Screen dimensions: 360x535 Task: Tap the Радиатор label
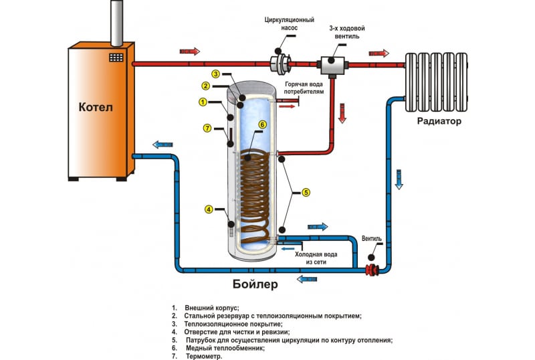click(439, 121)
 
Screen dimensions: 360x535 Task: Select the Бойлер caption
click(255, 283)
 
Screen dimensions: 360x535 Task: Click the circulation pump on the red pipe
click(279, 64)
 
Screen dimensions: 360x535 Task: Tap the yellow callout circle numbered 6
click(262, 124)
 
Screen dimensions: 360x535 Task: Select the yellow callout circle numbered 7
click(207, 128)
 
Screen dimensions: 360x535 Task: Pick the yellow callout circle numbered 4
click(209, 209)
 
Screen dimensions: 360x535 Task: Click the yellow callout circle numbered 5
click(306, 193)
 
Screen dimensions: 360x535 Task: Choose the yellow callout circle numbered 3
click(215, 73)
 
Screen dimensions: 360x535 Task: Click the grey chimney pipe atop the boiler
click(115, 21)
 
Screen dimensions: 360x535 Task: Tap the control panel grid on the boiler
click(118, 59)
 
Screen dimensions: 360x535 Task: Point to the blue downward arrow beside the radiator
click(399, 179)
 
